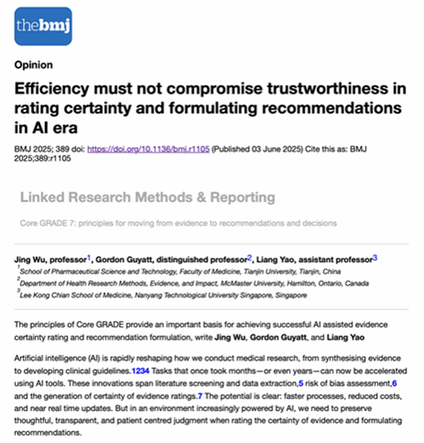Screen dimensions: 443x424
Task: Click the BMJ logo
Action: coord(43,26)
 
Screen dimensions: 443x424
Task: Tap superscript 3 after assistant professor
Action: coord(375,256)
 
